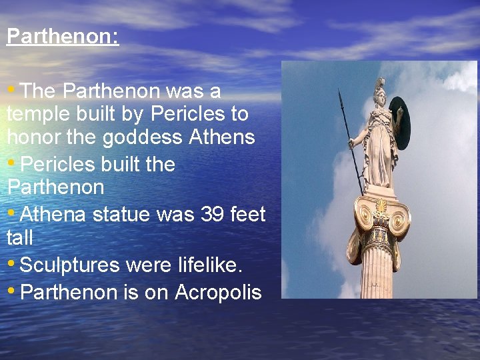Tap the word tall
click(20, 237)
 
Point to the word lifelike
click(209, 265)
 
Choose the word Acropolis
click(218, 292)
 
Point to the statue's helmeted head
click(380, 93)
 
